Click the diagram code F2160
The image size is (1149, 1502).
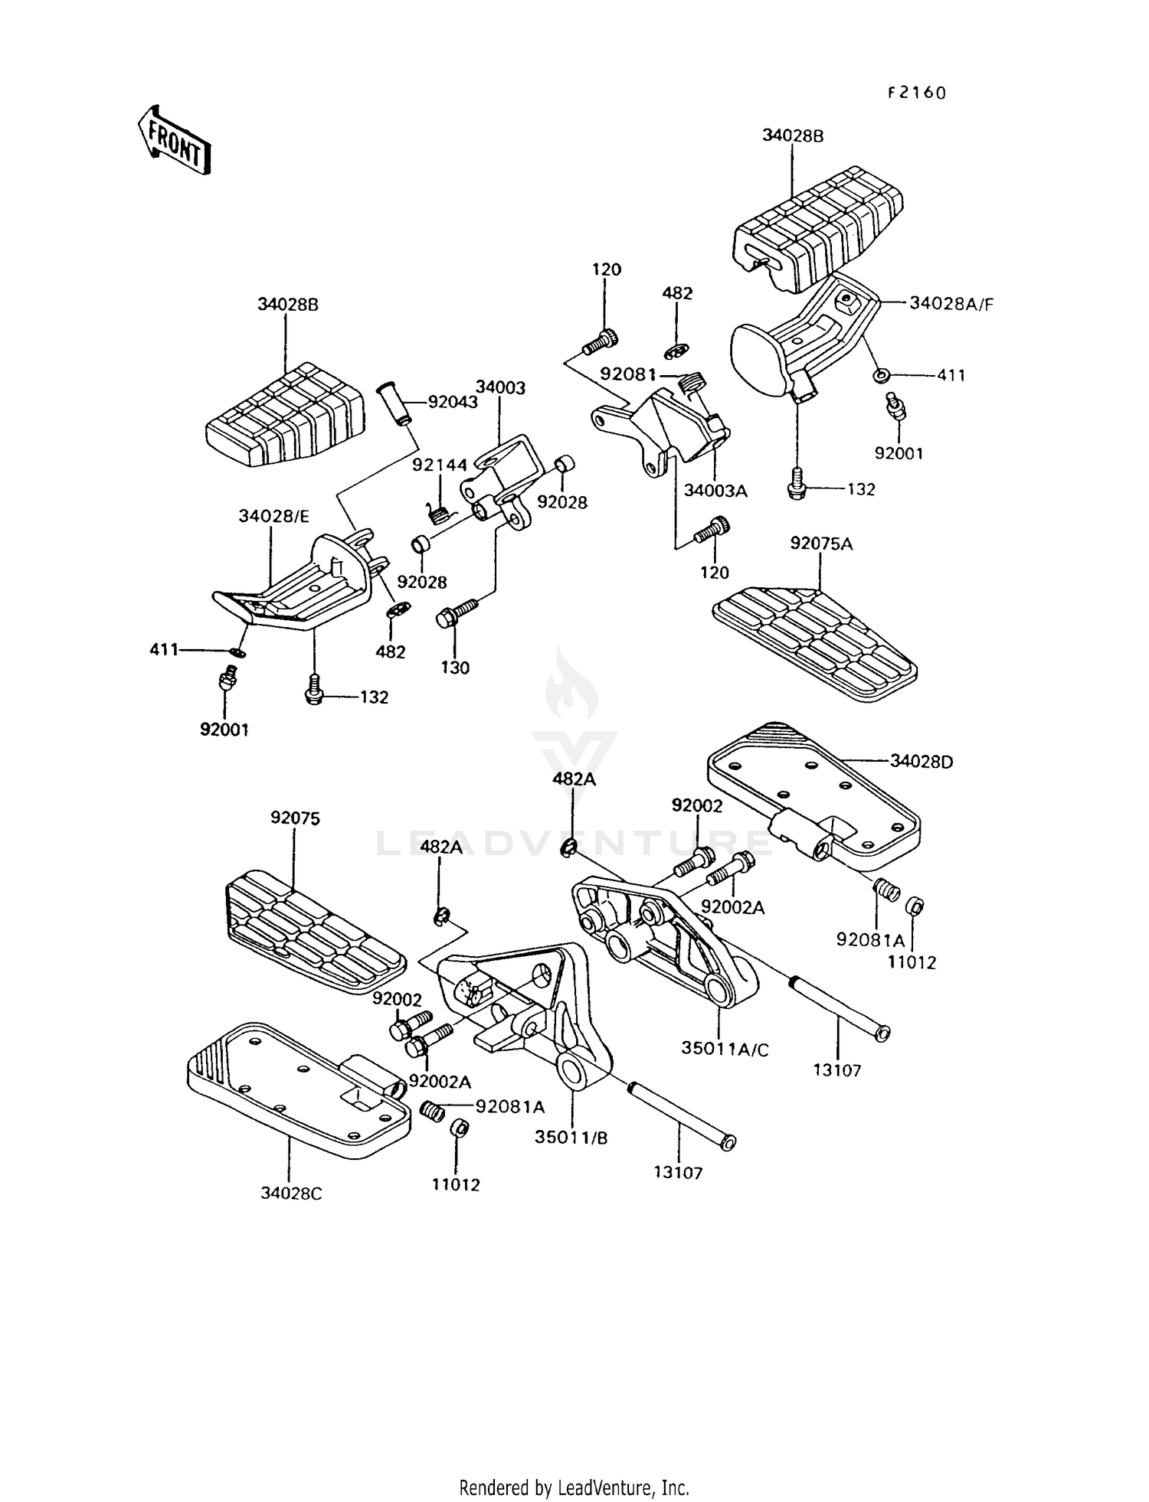coord(917,93)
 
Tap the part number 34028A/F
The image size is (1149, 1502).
coord(951,303)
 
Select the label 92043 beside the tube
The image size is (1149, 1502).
coord(452,401)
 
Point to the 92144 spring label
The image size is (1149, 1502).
coord(439,465)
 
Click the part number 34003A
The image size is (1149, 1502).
coord(715,491)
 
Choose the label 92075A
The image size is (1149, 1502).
coord(821,544)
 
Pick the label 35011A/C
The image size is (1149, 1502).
coord(725,1049)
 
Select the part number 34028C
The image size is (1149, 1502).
coord(291,1193)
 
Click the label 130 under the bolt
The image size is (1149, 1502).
coord(455,668)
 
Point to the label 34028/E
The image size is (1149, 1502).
coord(273,516)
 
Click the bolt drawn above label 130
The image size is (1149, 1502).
coord(455,613)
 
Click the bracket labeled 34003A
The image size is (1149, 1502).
coord(666,429)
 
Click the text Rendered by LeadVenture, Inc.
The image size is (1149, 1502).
coord(574,1487)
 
